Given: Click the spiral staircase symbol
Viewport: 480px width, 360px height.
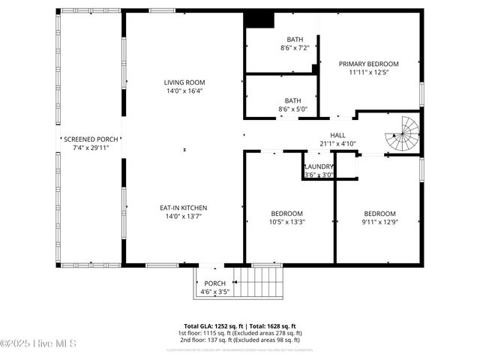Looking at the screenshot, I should click(404, 133).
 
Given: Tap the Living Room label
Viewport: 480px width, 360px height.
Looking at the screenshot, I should click(184, 82).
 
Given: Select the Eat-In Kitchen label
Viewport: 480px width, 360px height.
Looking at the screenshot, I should click(184, 208).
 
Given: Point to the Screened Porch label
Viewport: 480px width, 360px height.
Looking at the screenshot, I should click(91, 139).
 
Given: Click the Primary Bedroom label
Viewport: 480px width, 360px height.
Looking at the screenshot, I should click(368, 64).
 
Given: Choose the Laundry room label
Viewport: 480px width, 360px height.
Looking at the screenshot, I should click(318, 166).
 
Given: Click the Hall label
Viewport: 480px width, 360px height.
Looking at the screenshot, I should click(337, 135).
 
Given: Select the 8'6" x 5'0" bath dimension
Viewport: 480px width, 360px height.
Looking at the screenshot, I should click(293, 109).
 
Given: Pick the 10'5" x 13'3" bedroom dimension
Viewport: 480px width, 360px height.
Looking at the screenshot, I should click(287, 221).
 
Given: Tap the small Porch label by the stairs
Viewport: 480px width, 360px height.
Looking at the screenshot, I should click(214, 283).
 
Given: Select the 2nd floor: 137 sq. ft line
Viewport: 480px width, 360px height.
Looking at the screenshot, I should click(240, 339).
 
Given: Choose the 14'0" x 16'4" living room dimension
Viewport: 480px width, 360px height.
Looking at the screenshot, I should click(184, 91).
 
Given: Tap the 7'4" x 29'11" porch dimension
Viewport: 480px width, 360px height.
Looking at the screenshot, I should click(91, 148).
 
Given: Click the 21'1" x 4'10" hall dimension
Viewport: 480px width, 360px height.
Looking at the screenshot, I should click(337, 143).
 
